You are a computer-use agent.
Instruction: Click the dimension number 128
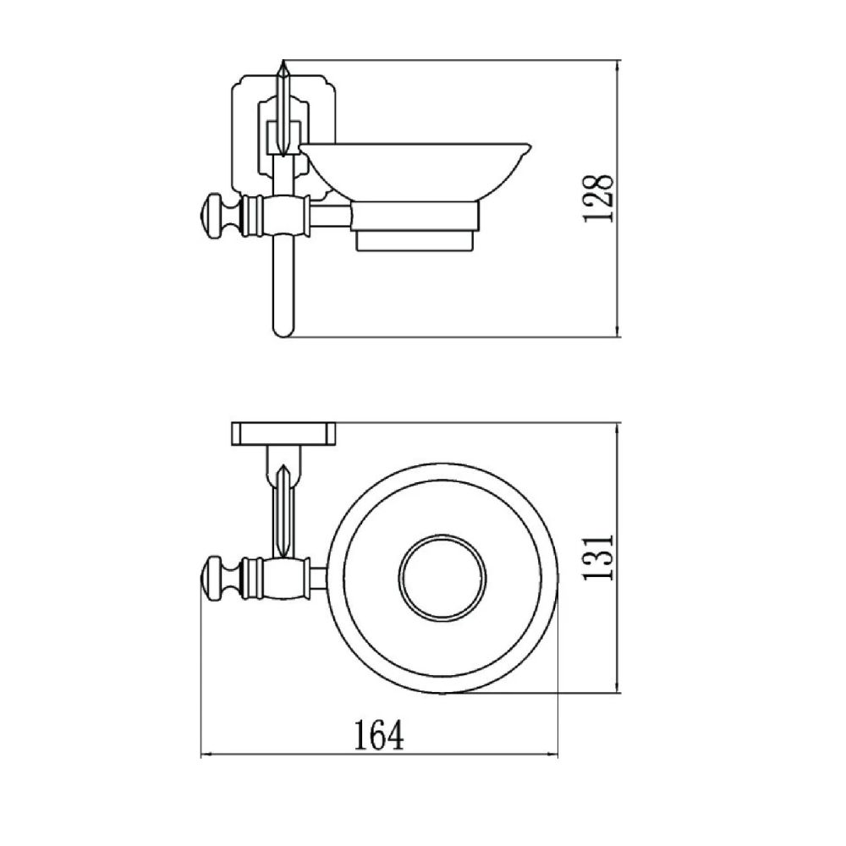(x=597, y=198)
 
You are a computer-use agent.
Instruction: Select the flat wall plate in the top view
(x=283, y=433)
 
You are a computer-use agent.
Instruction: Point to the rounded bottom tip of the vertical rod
(x=283, y=330)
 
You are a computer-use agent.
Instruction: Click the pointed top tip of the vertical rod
(x=283, y=66)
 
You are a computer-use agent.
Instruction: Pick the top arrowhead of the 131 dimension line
(x=619, y=429)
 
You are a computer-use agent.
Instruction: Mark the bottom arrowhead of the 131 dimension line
(x=619, y=689)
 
